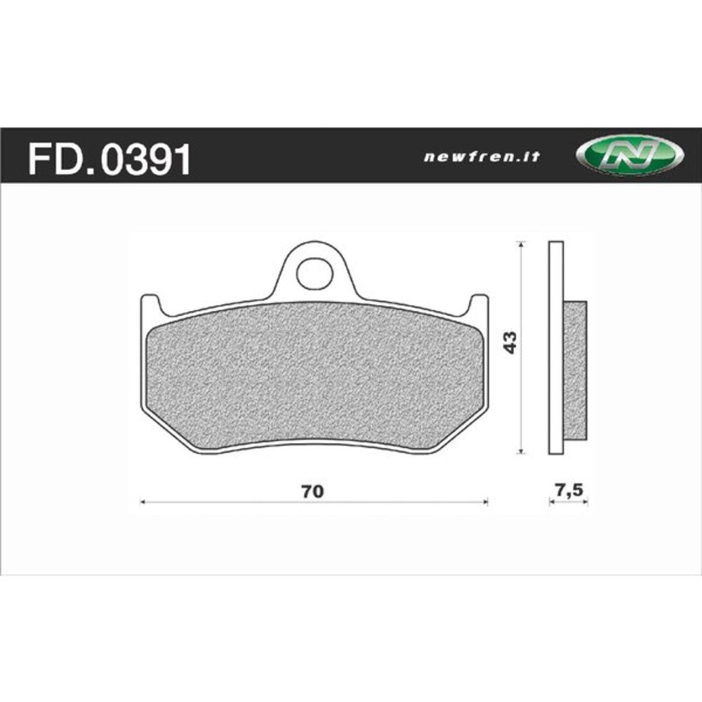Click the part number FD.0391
[x=109, y=159]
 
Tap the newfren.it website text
[x=482, y=157]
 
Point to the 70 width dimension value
[x=313, y=491]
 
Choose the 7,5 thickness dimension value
[x=569, y=491]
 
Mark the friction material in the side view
[x=575, y=372]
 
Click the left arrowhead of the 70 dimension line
[x=143, y=502]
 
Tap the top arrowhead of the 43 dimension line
[x=520, y=244]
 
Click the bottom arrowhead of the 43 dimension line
[x=520, y=451]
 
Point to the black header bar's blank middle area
[x=309, y=156]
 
